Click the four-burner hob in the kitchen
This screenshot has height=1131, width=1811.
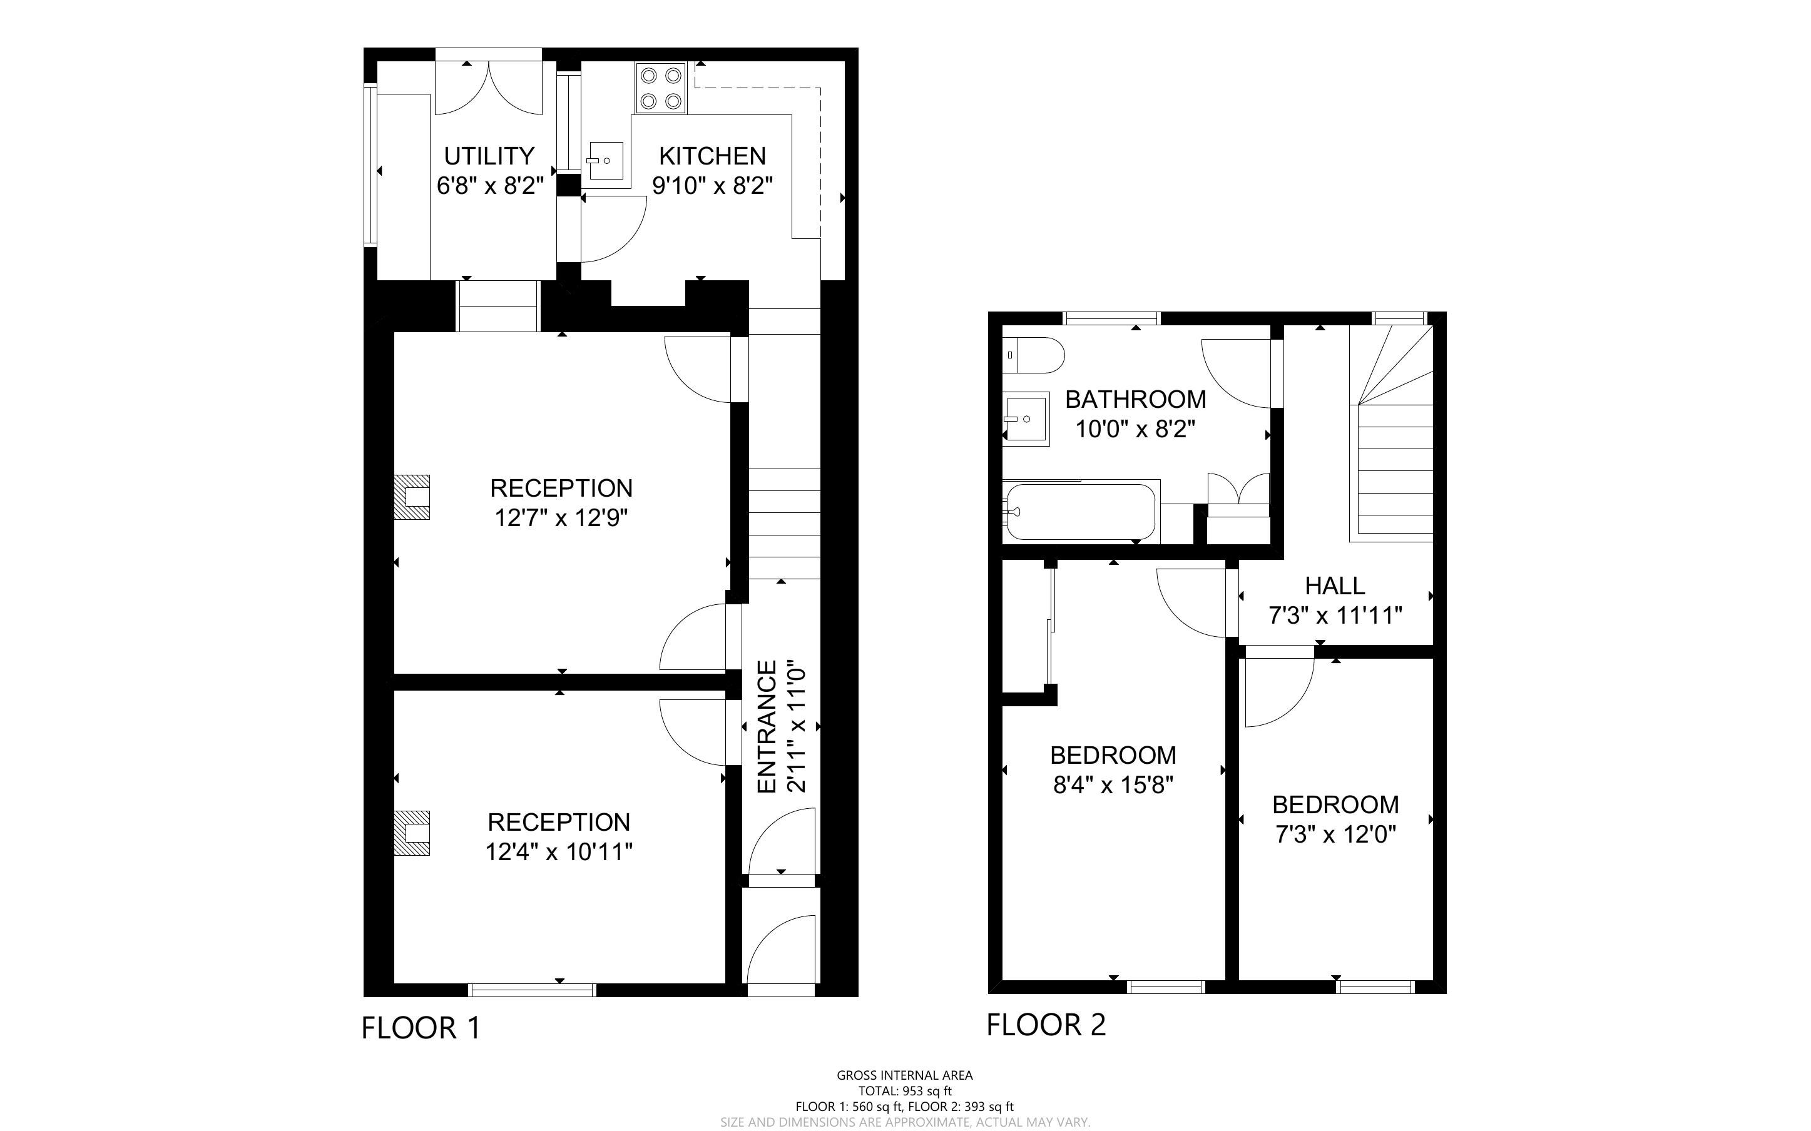(x=661, y=88)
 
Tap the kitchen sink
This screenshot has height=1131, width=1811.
(x=605, y=160)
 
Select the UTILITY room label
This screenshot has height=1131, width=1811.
(x=489, y=156)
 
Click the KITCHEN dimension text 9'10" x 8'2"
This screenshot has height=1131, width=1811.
(x=712, y=186)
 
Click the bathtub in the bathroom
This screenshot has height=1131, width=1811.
(x=1082, y=512)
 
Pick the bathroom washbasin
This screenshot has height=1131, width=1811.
(x=1026, y=419)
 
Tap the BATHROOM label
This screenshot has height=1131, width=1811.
(x=1136, y=400)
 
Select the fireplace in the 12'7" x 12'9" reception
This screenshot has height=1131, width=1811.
(x=412, y=497)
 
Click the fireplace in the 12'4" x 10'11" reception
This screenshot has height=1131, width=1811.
(x=412, y=833)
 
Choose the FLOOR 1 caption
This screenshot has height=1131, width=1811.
(x=421, y=1028)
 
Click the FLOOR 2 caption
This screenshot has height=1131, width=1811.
(x=1046, y=1025)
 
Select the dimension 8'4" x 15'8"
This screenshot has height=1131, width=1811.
(x=1113, y=786)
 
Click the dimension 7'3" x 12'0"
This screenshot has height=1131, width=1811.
(x=1335, y=834)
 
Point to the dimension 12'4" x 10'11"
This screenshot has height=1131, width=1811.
(x=559, y=852)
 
